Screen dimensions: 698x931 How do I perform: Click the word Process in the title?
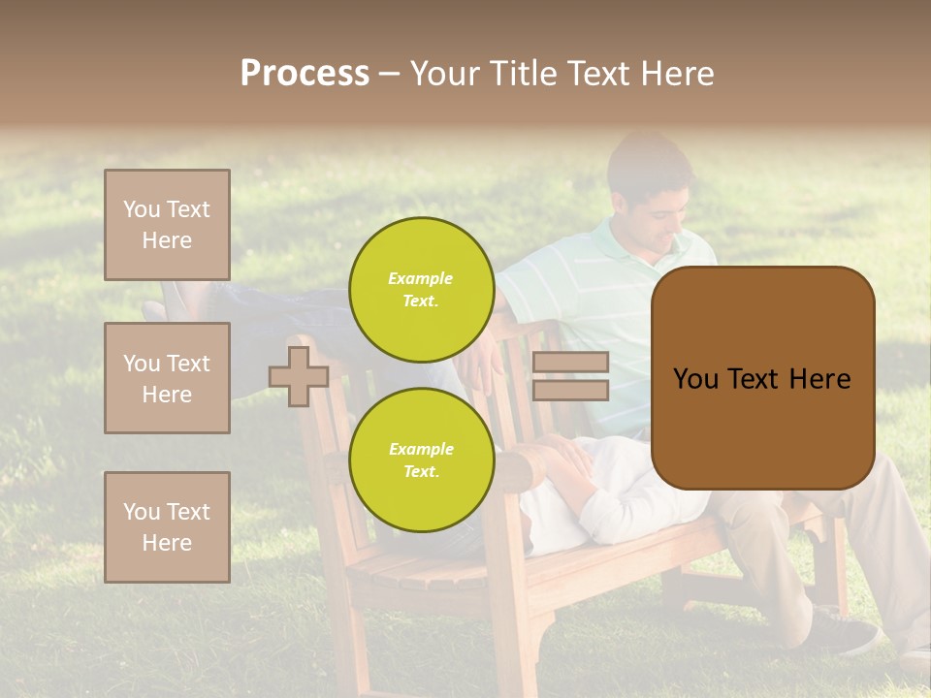[x=305, y=74]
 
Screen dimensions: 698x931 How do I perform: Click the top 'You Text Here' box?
[x=167, y=225]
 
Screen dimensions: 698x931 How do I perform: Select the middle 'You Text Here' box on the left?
[x=167, y=378]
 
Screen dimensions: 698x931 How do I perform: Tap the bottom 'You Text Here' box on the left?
[x=167, y=526]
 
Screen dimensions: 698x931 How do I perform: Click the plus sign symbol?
[x=298, y=377]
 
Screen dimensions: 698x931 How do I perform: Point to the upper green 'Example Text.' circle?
[x=421, y=290]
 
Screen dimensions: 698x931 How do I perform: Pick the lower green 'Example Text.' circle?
[x=421, y=460]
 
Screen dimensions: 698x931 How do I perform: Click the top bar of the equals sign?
[x=570, y=362]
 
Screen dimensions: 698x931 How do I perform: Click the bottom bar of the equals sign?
[x=570, y=390]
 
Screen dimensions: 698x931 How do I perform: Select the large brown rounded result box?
[x=762, y=378]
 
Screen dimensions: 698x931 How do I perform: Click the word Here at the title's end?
[x=676, y=74]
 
